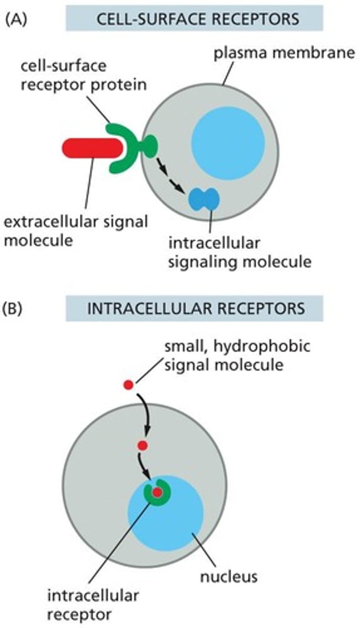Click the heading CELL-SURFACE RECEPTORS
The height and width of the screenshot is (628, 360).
(194, 19)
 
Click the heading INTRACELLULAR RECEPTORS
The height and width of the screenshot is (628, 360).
(194, 308)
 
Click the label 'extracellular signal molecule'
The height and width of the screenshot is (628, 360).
(73, 231)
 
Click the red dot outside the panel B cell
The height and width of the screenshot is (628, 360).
(128, 385)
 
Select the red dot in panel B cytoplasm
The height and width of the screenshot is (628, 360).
(142, 446)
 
